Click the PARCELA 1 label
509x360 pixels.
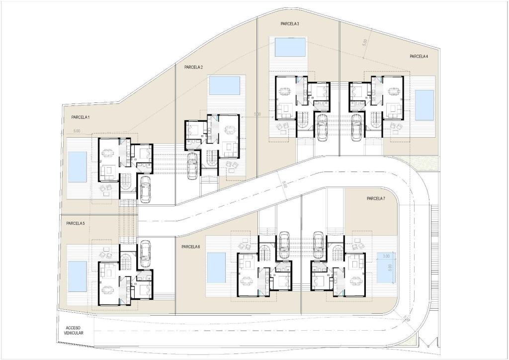pos(77,117)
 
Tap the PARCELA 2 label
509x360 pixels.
pos(193,67)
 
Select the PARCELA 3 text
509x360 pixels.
pos(289,23)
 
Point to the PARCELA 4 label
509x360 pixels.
pos(419,57)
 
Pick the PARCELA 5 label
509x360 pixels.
pos(76,223)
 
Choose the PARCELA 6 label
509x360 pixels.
pos(190,247)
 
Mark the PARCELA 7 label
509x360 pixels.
pos(376,198)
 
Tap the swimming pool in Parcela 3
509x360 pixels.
pos(290,47)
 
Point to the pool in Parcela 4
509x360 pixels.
pos(424,105)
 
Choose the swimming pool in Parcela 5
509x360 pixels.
pos(77,276)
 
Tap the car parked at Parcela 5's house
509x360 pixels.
pos(145,254)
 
